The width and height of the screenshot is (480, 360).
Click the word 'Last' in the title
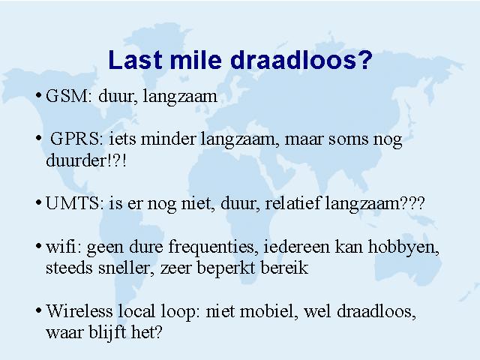tap(135, 59)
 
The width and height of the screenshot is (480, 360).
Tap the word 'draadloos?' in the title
tap(301, 59)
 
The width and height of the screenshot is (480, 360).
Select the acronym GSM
tap(67, 96)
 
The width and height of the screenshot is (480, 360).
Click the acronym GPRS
tap(74, 139)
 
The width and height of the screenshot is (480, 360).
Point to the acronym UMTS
tap(72, 203)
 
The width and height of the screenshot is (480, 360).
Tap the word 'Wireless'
tap(79, 310)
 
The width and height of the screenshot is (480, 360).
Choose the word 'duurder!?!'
tap(86, 160)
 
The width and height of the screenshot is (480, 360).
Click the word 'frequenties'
tap(211, 247)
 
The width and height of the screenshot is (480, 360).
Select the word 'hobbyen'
tap(403, 247)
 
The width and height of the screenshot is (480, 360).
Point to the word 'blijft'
tap(107, 333)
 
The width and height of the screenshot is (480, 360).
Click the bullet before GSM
tap(38, 95)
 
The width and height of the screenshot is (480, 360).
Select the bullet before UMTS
tap(38, 202)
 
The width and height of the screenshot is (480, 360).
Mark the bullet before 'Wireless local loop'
tap(38, 310)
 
